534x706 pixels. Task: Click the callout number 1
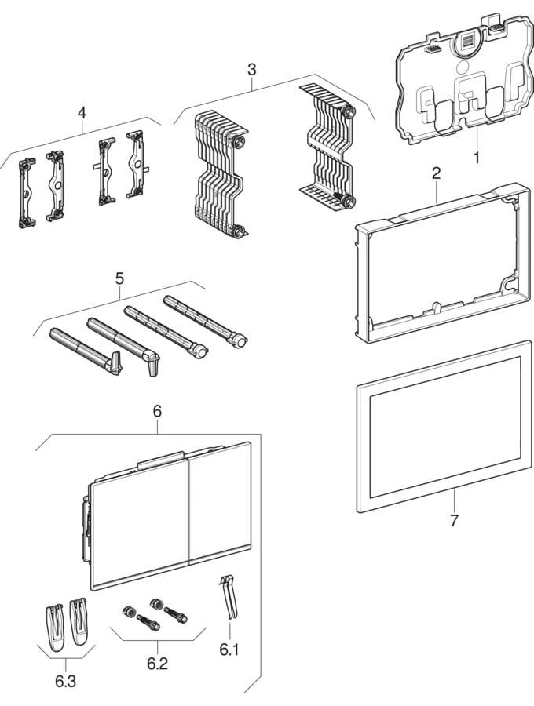point(475,156)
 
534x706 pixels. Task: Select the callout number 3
point(251,70)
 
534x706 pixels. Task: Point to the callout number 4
point(82,112)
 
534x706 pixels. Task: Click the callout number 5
point(119,278)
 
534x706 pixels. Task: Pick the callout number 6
point(157,409)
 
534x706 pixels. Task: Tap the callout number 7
point(454,519)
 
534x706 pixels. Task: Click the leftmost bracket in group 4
point(27,192)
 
